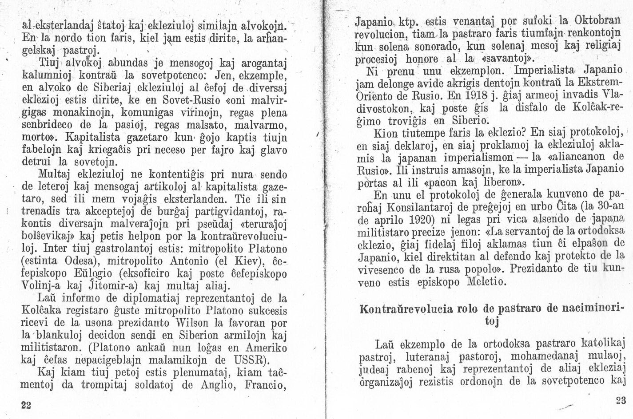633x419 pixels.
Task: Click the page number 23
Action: [621, 400]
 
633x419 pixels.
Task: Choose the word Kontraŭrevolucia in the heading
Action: [406, 309]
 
